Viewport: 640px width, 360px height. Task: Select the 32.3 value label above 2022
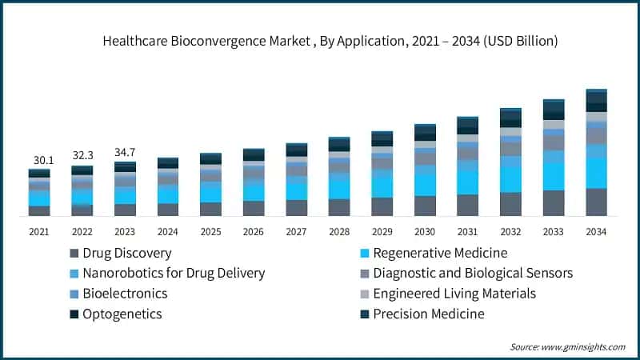[82, 154]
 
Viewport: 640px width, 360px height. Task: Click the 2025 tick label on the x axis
[211, 232]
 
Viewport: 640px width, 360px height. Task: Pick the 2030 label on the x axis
[426, 232]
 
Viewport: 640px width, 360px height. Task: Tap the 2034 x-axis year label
[597, 232]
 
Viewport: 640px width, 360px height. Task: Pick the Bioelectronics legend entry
[125, 294]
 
